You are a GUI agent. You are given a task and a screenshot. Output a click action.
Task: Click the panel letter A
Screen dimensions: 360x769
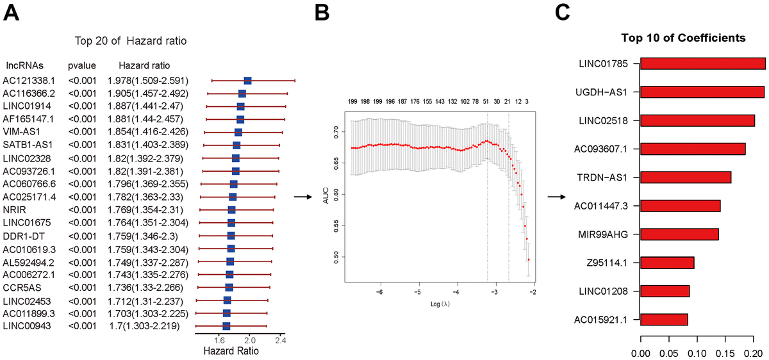pos(13,13)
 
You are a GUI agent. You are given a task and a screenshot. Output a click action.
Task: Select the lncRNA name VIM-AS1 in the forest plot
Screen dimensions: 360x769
pos(21,132)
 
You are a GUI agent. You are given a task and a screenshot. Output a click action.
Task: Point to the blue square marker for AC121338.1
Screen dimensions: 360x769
pos(247,80)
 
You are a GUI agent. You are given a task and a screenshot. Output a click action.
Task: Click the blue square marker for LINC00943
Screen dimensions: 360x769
pos(226,326)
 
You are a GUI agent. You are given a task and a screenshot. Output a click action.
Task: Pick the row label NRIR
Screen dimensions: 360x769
pos(14,209)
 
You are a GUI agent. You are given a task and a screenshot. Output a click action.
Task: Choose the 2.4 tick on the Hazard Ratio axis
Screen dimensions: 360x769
pos(280,341)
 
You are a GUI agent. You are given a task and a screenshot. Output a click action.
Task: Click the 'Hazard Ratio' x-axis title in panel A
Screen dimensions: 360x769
pos(231,352)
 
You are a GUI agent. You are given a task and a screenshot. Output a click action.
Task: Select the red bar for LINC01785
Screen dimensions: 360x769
pos(702,63)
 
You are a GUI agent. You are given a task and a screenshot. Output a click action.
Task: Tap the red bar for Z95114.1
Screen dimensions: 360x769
pos(667,263)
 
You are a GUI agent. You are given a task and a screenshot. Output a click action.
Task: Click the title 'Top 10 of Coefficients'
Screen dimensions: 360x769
pos(683,38)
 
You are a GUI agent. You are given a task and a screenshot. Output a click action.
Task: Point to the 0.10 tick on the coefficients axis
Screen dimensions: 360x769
pos(697,353)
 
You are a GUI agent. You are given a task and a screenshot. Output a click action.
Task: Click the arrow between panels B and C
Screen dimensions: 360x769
pos(556,197)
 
